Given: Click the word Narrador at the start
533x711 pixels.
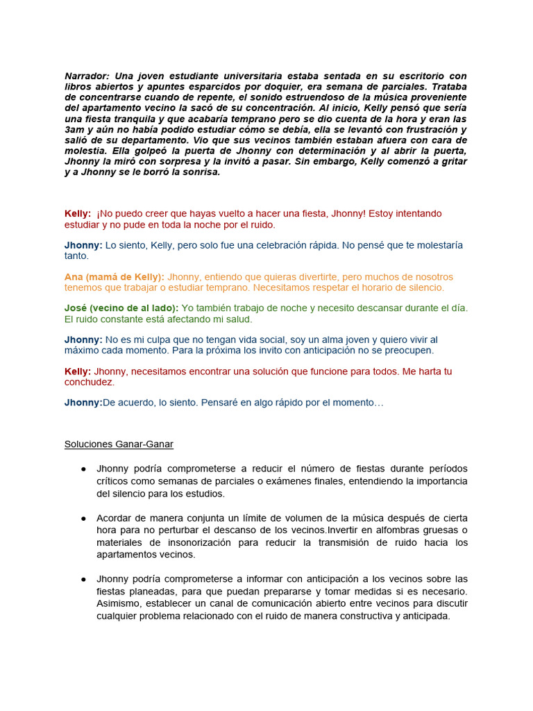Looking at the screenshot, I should [87, 76].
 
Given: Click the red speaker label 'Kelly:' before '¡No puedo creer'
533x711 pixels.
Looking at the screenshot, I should [78, 213].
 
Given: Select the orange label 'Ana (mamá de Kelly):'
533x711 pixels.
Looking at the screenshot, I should [115, 276].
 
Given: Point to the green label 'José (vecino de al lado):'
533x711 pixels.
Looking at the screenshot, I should [121, 308].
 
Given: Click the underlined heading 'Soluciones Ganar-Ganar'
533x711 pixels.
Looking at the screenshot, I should [119, 444].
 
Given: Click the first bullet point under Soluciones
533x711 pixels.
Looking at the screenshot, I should [83, 469].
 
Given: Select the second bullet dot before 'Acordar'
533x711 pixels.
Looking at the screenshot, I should [83, 519].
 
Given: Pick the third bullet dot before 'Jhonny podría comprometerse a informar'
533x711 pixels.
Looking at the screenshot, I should [83, 579].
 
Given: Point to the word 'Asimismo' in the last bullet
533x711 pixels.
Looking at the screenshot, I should [118, 603].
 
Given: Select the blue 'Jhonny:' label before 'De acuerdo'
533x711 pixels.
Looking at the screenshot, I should [83, 402].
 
